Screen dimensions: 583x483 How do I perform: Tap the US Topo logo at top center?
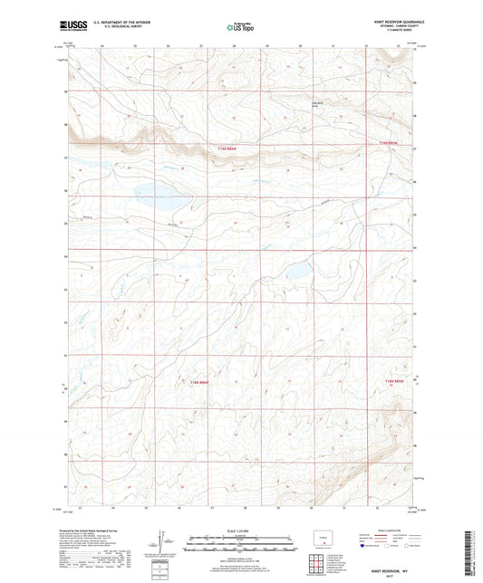pos(240,28)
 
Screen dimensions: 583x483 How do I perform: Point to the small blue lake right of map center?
pos(295,271)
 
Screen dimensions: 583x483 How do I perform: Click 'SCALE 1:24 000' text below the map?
pos(241,530)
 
